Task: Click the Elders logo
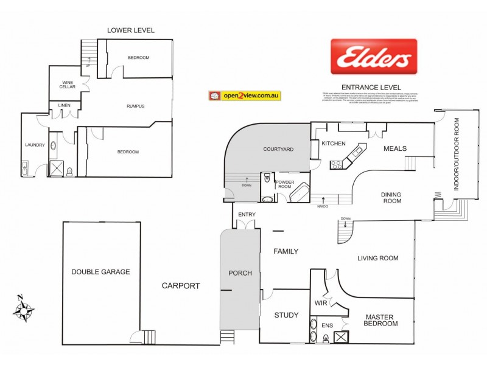coord(374,57)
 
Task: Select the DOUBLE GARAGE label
coord(100,272)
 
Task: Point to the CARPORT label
coord(181,285)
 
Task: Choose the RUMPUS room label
coord(135,106)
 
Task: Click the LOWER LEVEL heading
coord(131,30)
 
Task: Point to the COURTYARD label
coord(278,149)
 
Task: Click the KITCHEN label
coord(334,144)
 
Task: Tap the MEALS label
coord(395,148)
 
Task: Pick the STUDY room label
coord(286,315)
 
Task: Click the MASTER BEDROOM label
coord(381,320)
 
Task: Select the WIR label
coord(321,302)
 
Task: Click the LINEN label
coord(64,106)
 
